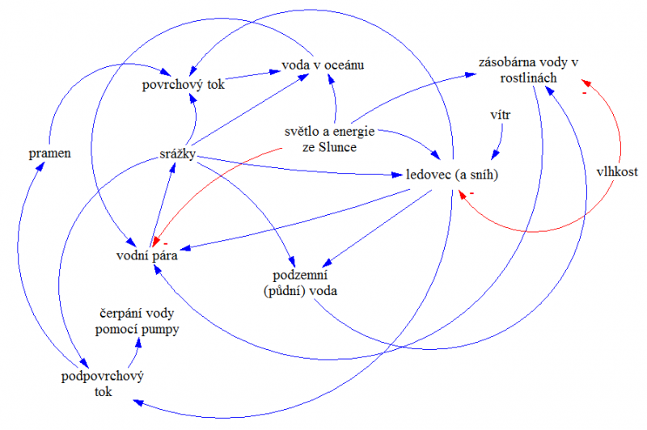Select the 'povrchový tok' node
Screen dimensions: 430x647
coord(184,84)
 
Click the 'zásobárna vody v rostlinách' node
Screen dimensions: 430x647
coord(529,70)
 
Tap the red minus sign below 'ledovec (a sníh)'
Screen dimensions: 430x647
coord(472,194)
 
